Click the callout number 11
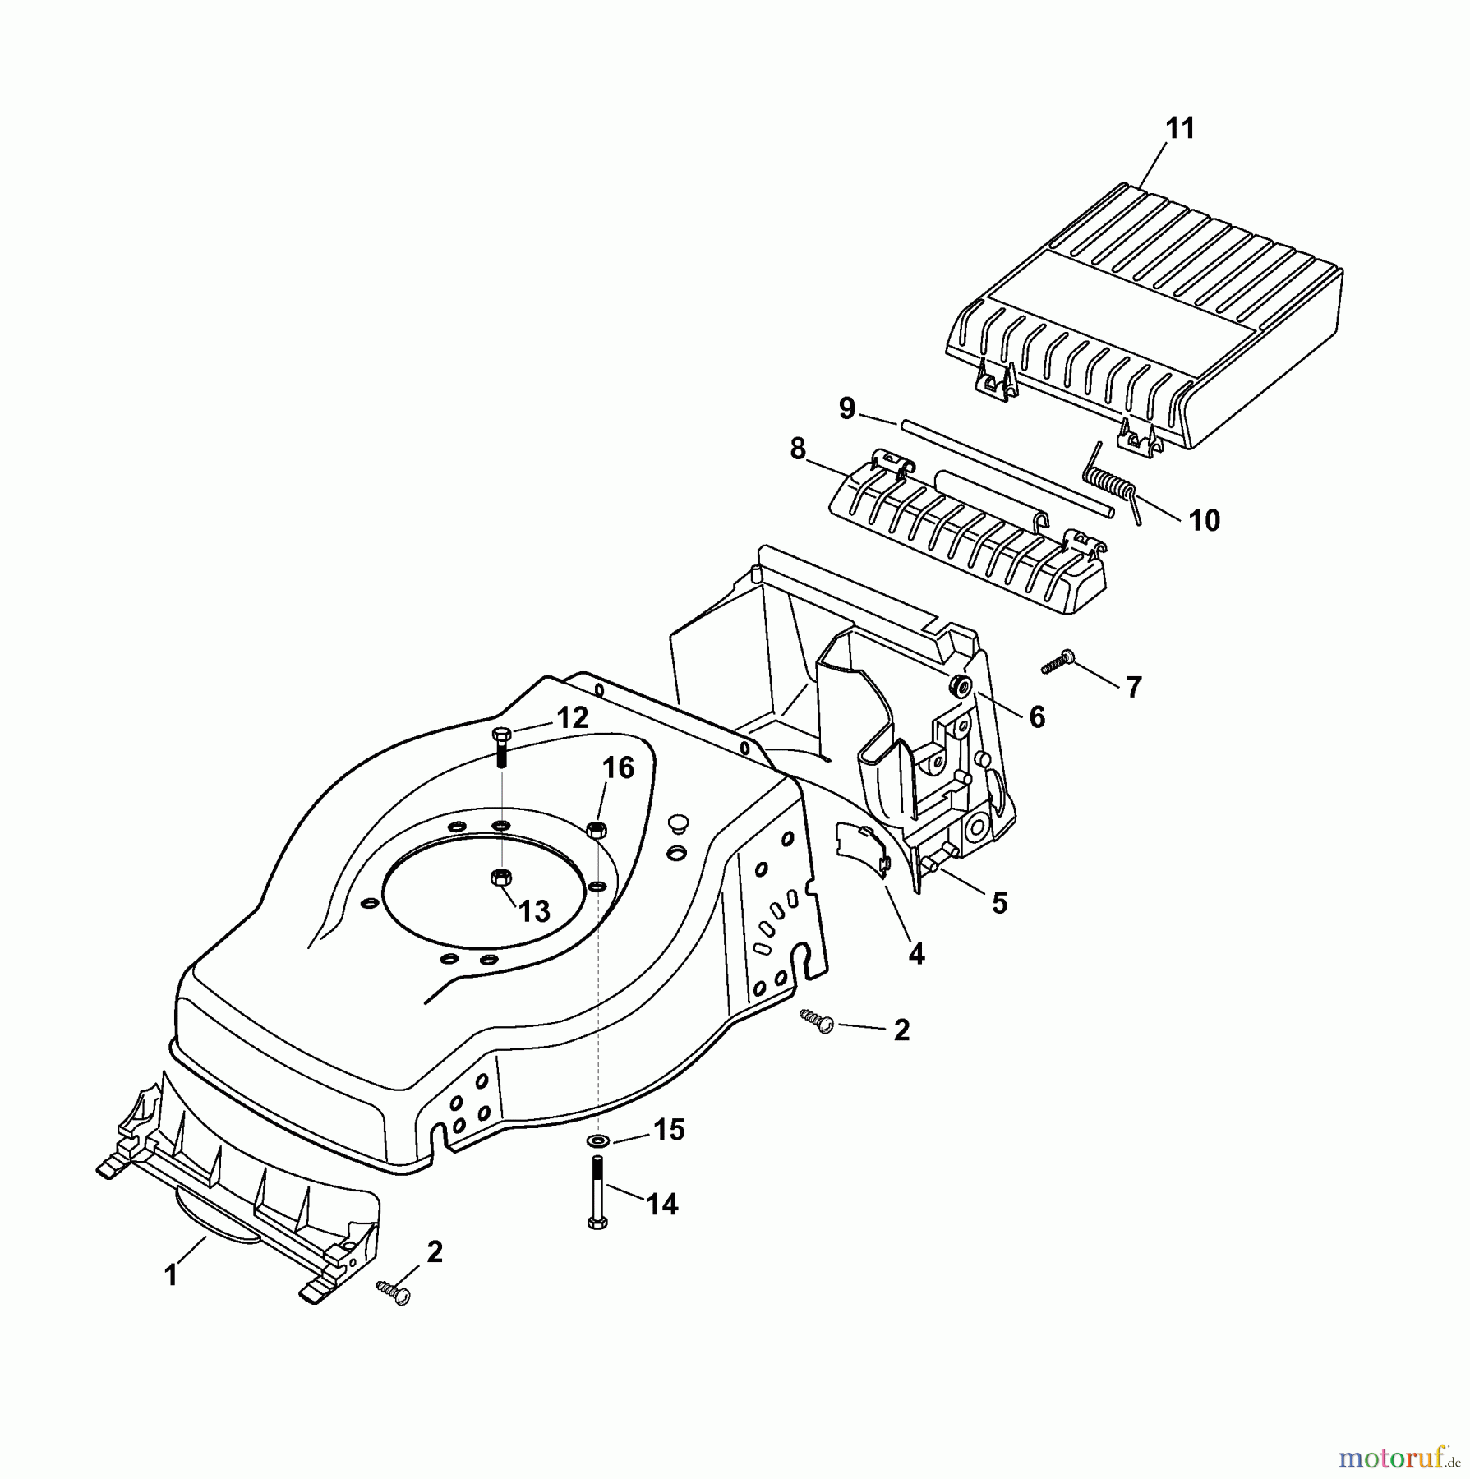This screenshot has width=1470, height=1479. coord(1180,129)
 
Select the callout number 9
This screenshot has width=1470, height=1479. coord(847,408)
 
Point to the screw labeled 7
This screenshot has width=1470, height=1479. coord(1058,661)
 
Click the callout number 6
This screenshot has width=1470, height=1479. coord(1037,717)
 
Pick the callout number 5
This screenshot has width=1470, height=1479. coord(999,903)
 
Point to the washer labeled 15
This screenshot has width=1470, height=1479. coord(597,1140)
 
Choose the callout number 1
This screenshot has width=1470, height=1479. coord(171,1275)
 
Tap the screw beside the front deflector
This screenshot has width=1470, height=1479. coord(394,1292)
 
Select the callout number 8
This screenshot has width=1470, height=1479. coord(797,449)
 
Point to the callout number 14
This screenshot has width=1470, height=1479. coord(661,1205)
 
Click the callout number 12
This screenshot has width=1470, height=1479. coord(572,718)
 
